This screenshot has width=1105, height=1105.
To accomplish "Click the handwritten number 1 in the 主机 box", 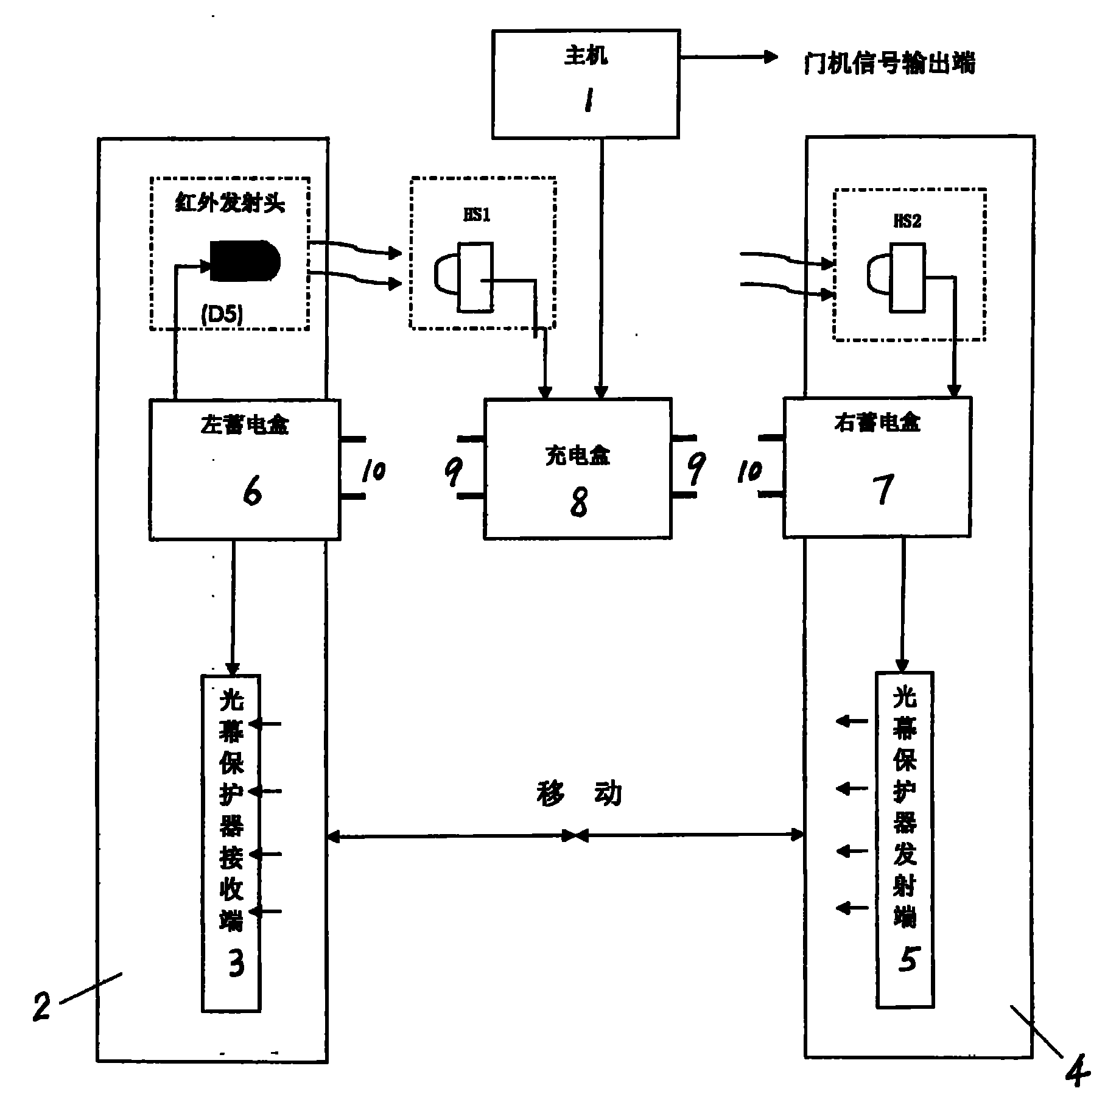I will [x=588, y=100].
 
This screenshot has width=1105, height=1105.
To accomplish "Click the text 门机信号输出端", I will [x=889, y=63].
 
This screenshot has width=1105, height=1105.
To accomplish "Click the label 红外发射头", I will [x=230, y=204].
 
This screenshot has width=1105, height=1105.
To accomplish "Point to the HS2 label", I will [x=907, y=221].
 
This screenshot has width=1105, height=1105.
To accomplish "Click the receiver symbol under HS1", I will [x=466, y=278].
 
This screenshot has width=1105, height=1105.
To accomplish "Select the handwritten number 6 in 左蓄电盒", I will [x=251, y=491].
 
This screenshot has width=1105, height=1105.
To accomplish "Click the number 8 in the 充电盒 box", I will [x=579, y=502].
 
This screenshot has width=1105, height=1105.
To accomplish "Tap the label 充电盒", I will [x=577, y=455].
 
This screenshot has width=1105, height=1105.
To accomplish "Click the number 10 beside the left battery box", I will [x=373, y=470].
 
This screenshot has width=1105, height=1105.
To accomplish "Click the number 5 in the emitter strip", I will [x=907, y=960].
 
